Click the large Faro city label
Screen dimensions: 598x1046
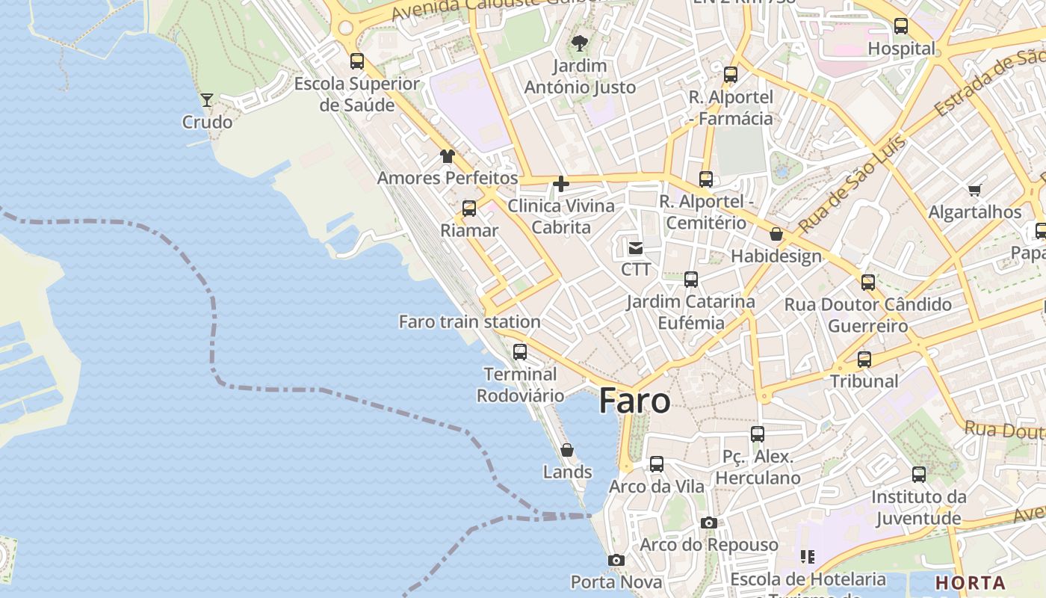(x=634, y=401)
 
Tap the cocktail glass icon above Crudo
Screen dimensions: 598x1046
(x=207, y=99)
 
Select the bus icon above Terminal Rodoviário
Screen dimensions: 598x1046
(x=520, y=351)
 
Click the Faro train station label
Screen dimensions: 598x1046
(x=469, y=322)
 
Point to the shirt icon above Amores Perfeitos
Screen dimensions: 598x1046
(x=448, y=156)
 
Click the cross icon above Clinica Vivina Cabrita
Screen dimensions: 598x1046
(x=561, y=184)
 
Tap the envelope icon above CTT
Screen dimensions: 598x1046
(x=636, y=247)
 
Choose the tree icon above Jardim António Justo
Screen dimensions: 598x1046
(x=579, y=44)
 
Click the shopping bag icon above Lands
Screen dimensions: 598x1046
(x=567, y=450)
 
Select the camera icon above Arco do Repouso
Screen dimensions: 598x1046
(x=709, y=523)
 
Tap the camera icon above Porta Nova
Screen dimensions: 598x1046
(x=616, y=560)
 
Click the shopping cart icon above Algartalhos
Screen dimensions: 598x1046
(x=974, y=190)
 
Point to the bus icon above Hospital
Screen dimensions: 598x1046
(x=901, y=26)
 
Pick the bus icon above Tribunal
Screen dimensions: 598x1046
(x=864, y=359)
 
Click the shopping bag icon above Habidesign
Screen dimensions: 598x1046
(x=776, y=234)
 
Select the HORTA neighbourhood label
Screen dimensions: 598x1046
(x=971, y=582)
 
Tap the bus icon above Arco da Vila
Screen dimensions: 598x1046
(x=657, y=464)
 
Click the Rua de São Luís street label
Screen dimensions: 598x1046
(x=852, y=184)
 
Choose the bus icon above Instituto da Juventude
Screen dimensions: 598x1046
(x=919, y=475)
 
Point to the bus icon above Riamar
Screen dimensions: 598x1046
(x=469, y=209)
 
